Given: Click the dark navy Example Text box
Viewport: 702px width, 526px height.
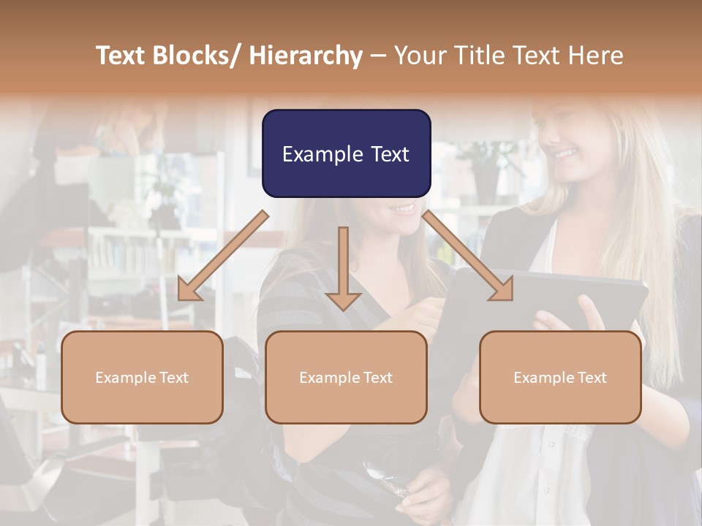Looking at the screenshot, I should click(346, 153).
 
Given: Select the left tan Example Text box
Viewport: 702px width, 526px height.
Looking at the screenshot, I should click(142, 377).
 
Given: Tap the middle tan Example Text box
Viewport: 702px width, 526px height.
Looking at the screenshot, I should click(346, 377).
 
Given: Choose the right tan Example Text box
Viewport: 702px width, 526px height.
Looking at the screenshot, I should click(560, 377).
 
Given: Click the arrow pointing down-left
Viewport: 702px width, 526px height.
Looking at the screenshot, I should click(222, 256).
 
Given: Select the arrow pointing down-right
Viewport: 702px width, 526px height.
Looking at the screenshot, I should click(468, 256).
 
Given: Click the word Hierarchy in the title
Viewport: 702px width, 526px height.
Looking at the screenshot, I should click(305, 56).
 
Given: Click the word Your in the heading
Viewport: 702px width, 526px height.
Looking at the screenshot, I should click(419, 56).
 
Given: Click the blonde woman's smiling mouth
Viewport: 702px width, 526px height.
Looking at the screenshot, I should click(565, 154).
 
